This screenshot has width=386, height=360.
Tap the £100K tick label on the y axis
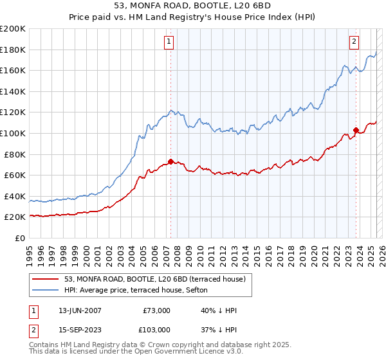13,133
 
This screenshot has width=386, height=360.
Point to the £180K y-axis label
13,50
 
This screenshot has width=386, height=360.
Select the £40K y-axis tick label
15,196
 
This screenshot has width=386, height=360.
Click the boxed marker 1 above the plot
169,41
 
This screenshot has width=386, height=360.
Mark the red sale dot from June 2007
170,161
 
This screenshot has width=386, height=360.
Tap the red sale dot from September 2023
356,130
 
